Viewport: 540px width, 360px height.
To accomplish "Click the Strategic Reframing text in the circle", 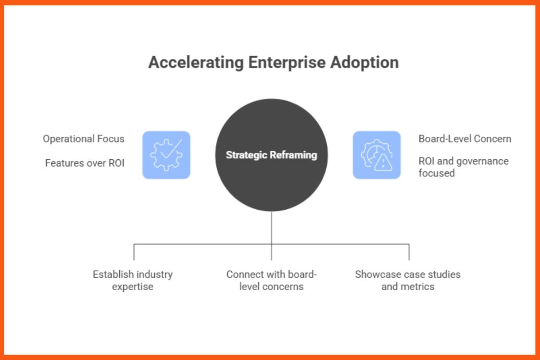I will (x=271, y=155).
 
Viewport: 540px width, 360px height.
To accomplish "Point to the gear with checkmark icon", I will (x=166, y=155).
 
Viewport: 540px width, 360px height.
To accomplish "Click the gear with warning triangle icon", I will (x=376, y=155).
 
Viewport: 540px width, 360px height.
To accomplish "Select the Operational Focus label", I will (x=84, y=139).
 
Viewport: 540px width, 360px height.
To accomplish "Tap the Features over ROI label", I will (x=85, y=163).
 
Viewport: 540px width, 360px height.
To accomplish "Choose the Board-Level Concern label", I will (x=465, y=139).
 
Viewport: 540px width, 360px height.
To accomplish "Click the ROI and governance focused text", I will (x=463, y=167).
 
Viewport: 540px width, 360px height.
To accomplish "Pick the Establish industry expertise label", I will (x=133, y=280).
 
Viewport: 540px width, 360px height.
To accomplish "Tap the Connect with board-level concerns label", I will (x=271, y=280).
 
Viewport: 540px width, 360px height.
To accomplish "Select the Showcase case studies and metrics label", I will (x=408, y=280).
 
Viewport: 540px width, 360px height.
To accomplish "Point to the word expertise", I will (x=133, y=287).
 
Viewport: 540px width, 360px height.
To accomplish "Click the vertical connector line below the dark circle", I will (x=271, y=229).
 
